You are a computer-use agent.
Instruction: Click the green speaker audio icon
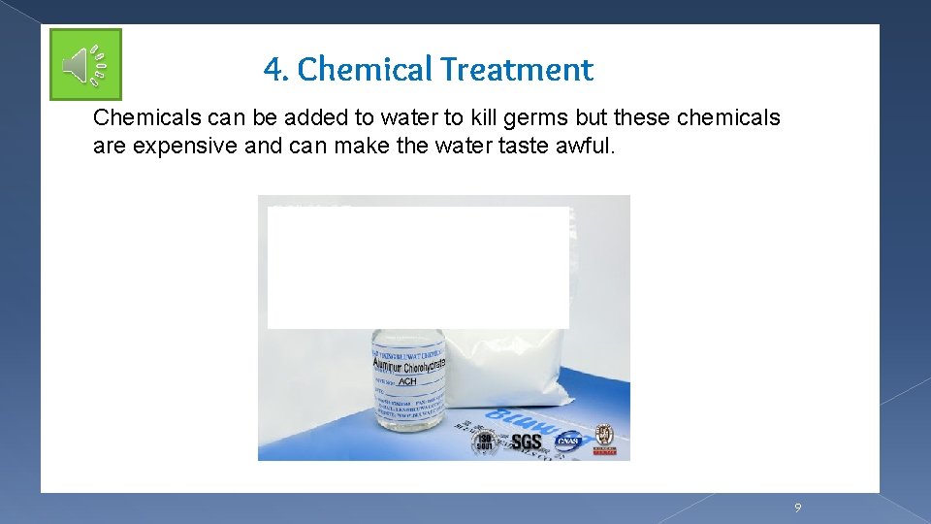click(x=86, y=65)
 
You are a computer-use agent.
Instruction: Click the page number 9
click(x=797, y=508)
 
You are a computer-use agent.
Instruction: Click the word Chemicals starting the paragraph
click(x=146, y=118)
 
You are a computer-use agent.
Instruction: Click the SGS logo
click(x=527, y=442)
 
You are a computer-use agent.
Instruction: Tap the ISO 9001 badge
click(x=483, y=442)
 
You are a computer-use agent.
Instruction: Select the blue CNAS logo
click(x=567, y=442)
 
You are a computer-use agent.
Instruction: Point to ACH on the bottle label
click(x=407, y=381)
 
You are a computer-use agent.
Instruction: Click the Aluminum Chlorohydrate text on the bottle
click(x=408, y=365)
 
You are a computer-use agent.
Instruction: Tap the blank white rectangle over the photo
click(x=418, y=267)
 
